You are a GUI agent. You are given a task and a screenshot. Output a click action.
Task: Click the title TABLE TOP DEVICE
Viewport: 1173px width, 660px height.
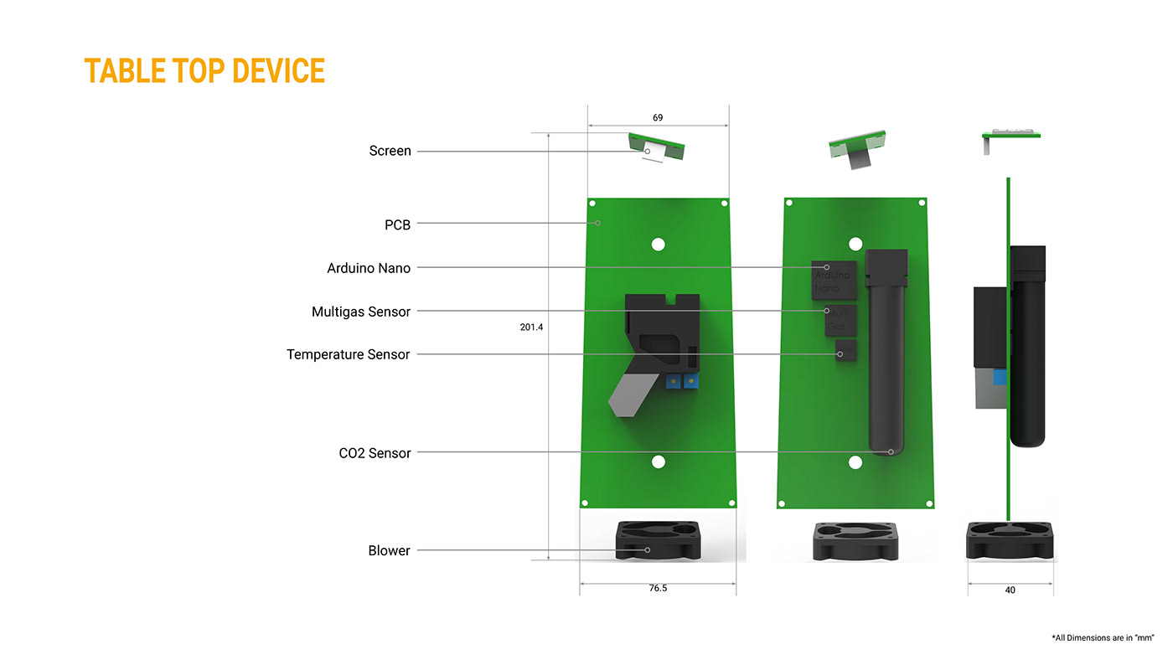tap(204, 71)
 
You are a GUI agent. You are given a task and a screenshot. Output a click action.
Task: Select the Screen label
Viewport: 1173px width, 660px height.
tap(390, 151)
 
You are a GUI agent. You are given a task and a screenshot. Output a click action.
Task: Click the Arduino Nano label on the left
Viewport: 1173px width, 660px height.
tap(369, 268)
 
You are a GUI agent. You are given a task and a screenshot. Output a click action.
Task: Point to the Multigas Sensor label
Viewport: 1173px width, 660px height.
tap(361, 312)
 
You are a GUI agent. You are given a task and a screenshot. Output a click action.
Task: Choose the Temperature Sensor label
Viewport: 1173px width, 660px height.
tap(348, 354)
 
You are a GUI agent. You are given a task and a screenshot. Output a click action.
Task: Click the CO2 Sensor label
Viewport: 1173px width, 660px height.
tap(375, 453)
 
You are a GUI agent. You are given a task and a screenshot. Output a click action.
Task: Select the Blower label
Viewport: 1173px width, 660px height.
tap(389, 550)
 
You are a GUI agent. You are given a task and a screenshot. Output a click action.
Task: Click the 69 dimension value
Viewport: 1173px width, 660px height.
tap(658, 118)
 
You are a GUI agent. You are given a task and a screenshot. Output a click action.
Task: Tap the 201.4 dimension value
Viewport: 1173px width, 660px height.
tap(531, 327)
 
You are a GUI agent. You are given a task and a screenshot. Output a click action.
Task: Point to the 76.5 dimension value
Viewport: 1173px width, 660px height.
tap(658, 588)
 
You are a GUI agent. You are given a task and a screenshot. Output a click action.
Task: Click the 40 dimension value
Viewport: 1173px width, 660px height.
tap(1010, 590)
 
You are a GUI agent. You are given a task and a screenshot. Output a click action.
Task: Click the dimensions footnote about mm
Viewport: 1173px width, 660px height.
tap(1103, 637)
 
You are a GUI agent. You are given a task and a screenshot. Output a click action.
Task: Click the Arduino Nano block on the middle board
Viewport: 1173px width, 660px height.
tap(834, 280)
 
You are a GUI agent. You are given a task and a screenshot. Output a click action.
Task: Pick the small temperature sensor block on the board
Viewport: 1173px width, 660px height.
tap(845, 350)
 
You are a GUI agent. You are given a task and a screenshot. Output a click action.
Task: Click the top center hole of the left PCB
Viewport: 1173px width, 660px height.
tap(658, 244)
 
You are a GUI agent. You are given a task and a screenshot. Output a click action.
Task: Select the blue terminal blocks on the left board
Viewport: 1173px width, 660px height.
tap(680, 382)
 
